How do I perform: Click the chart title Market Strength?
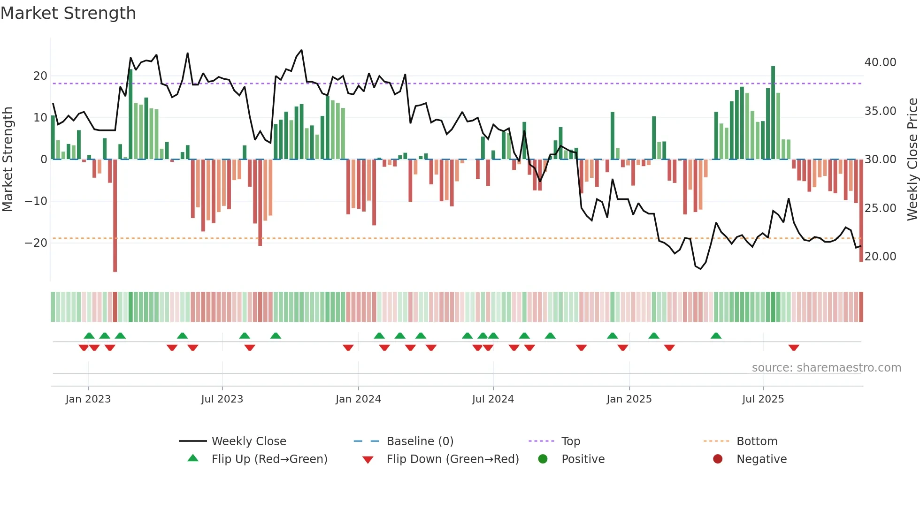[68, 13]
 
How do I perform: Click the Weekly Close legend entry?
[248, 441]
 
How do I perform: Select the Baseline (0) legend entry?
[420, 441]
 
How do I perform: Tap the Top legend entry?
[570, 441]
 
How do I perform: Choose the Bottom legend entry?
[757, 441]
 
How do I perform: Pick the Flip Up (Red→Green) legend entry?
[269, 459]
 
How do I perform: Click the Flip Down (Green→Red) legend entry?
[452, 459]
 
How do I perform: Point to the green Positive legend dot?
[543, 459]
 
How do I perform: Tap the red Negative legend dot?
[718, 459]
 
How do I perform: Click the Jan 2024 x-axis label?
[358, 399]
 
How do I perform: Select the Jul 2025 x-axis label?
[763, 399]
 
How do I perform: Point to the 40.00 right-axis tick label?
[880, 62]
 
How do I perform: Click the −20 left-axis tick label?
[36, 243]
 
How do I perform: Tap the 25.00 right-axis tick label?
[880, 208]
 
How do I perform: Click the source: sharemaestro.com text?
[826, 368]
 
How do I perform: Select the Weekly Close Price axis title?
[912, 160]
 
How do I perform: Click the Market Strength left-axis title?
[8, 160]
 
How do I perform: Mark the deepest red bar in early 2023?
[115, 216]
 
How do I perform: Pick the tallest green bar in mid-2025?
[773, 113]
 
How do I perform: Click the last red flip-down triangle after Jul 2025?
[794, 348]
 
